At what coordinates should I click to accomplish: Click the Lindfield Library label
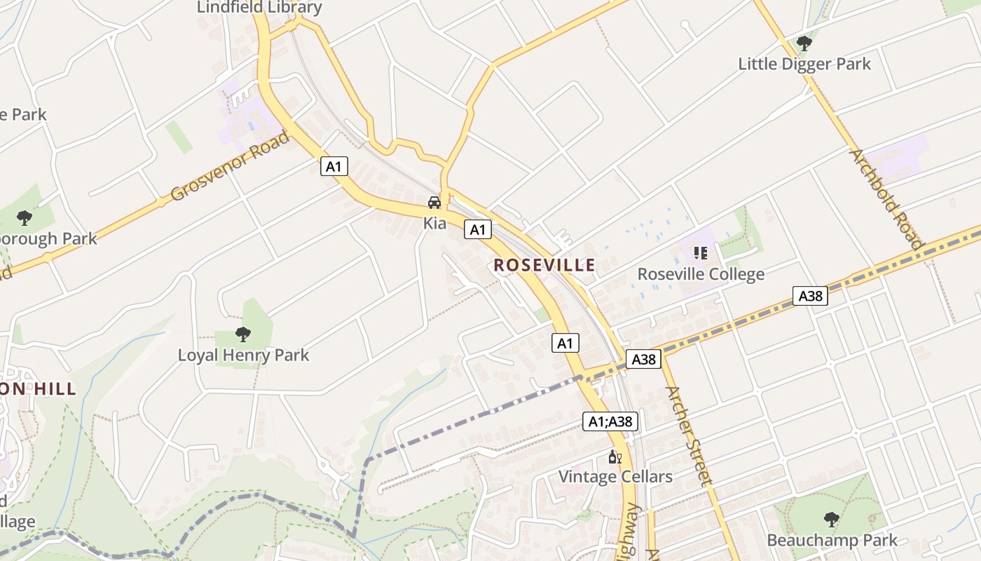(x=259, y=8)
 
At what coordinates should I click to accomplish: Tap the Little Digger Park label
(x=804, y=64)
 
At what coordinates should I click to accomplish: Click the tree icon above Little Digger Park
(x=804, y=43)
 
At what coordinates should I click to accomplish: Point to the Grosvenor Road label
(x=229, y=165)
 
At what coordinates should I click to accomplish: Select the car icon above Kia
(x=434, y=203)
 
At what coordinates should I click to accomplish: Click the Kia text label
(x=434, y=223)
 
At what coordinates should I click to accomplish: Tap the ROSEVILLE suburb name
(x=544, y=265)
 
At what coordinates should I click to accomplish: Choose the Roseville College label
(x=701, y=273)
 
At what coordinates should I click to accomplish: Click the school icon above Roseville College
(x=700, y=252)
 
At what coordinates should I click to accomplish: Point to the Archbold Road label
(x=886, y=198)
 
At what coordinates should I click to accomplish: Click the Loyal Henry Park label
(x=243, y=355)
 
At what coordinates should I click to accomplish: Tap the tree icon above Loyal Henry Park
(x=243, y=334)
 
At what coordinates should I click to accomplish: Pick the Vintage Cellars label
(x=615, y=477)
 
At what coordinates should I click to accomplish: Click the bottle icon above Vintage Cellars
(x=615, y=457)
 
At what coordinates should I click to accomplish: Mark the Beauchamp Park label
(x=832, y=540)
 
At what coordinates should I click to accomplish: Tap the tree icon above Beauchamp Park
(x=832, y=520)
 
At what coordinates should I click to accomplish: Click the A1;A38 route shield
(x=610, y=421)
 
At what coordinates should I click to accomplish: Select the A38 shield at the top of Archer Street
(x=643, y=359)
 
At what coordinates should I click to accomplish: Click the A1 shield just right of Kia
(x=477, y=229)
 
